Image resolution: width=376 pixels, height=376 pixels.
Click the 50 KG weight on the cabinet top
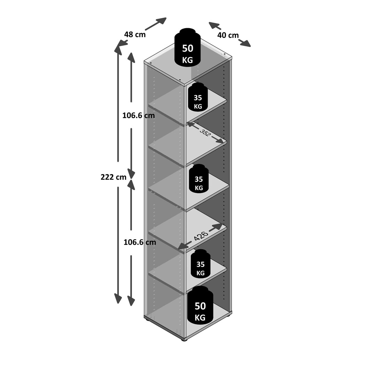[187, 47]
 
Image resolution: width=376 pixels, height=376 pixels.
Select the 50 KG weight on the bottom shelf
[200, 305]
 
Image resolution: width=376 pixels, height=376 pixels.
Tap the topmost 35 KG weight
[198, 96]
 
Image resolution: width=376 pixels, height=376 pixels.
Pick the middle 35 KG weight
[199, 178]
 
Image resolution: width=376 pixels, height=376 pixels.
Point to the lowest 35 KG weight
[201, 264]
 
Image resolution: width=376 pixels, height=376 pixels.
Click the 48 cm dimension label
[135, 34]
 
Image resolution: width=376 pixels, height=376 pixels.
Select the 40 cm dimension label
[228, 35]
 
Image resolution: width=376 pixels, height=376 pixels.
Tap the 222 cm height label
[113, 177]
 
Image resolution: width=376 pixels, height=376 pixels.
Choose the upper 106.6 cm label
[139, 116]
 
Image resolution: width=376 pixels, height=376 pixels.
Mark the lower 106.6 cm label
[140, 242]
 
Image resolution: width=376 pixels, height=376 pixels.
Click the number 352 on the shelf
[205, 133]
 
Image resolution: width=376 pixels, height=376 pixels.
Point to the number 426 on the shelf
[201, 236]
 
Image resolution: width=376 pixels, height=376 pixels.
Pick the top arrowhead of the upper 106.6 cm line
[131, 57]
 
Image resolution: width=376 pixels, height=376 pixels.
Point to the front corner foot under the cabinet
[184, 340]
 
